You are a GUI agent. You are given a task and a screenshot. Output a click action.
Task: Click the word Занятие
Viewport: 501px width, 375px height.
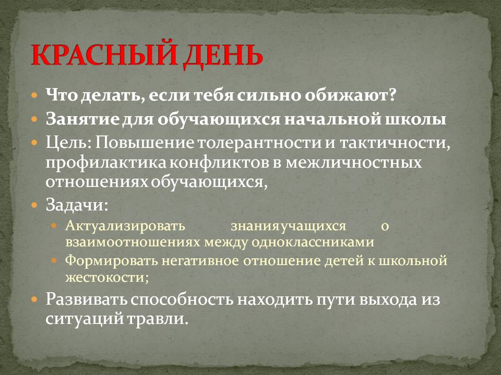[81, 119]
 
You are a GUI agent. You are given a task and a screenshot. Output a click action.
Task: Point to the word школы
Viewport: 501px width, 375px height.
[416, 119]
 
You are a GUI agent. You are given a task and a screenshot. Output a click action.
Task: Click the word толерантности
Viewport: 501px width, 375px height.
[259, 143]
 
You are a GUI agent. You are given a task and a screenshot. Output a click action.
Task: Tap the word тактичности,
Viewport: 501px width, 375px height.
[395, 143]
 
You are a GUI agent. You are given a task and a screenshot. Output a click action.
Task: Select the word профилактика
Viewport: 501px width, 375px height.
[106, 162]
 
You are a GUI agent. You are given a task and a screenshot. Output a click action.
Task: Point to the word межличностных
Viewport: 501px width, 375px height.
[354, 162]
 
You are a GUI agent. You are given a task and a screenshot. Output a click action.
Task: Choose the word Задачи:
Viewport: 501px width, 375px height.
[77, 205]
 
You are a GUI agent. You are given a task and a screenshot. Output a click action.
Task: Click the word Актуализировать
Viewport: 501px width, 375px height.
[125, 226]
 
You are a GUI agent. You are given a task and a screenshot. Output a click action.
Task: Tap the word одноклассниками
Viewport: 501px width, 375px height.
[313, 242]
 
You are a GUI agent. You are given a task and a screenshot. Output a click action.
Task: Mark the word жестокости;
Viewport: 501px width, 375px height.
[107, 277]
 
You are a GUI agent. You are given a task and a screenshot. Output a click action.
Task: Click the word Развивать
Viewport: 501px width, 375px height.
[86, 299]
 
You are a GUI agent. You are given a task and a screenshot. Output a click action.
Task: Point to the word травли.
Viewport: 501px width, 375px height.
[157, 319]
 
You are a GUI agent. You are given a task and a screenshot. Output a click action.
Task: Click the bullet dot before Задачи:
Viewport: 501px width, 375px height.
[34, 205]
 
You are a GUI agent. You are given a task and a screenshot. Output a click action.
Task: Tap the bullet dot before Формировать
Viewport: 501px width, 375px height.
[54, 260]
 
